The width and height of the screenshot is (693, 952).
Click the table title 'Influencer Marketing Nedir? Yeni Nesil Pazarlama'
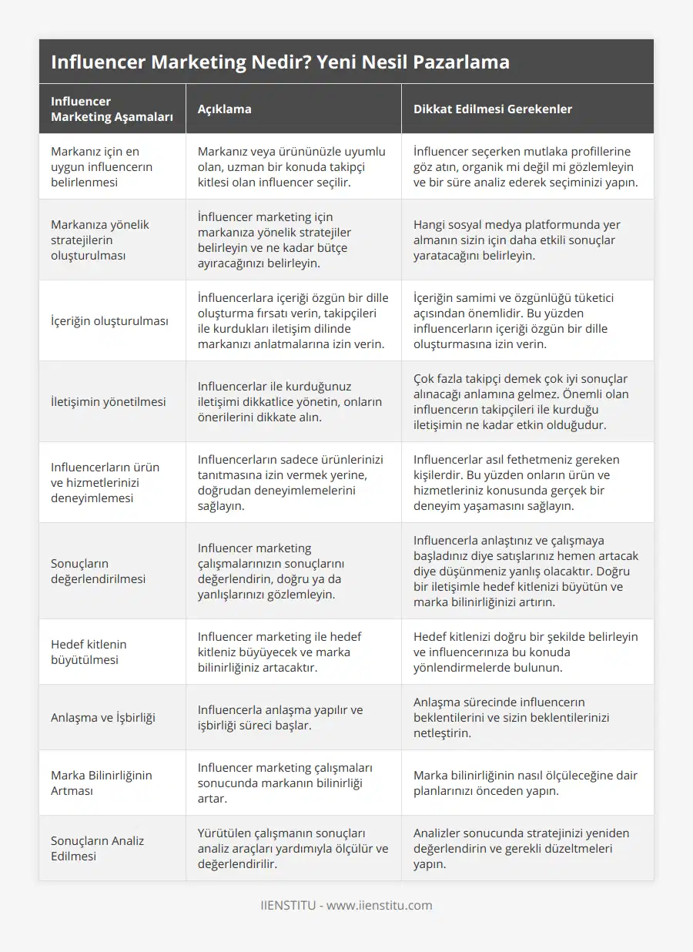280,62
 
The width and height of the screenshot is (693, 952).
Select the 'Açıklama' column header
224,109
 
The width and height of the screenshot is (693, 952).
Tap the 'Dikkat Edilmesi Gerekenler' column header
492,109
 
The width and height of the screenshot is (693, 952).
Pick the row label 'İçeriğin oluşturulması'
109,321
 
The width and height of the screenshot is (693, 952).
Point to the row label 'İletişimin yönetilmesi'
108,401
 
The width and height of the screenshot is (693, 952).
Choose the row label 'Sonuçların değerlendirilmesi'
98,571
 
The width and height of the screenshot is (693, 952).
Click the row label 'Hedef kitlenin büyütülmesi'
89,652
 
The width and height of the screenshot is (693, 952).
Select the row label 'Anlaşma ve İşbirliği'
103,717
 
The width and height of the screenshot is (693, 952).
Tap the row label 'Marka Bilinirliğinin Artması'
102,783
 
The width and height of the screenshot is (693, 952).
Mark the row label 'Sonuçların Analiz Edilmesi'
97,848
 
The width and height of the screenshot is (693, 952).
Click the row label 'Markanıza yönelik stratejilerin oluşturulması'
100,240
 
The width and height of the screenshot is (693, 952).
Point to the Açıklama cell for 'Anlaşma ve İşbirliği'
280,717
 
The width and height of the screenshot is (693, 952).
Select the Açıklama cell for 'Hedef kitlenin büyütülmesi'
280,652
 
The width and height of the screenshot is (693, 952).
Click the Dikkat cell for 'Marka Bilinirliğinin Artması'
525,783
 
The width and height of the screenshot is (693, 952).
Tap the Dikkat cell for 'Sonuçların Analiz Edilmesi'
521,848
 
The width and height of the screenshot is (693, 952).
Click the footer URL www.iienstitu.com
379,905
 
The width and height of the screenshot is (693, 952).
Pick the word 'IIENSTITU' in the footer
288,905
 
